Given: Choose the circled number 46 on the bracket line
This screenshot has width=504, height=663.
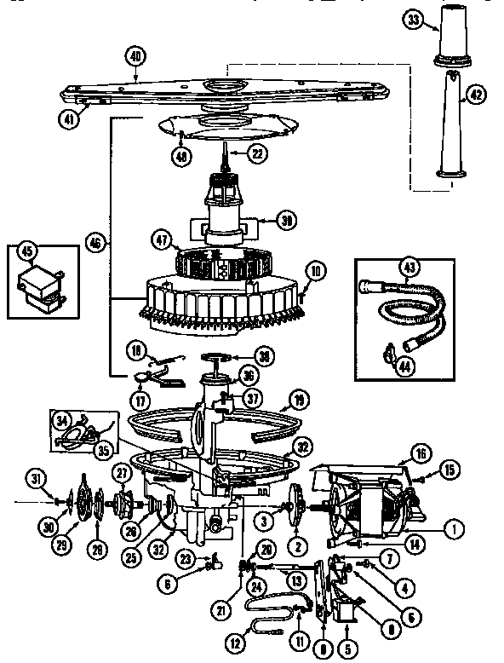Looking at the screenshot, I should [x=97, y=242].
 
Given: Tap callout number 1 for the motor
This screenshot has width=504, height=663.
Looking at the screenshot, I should [x=456, y=528].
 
